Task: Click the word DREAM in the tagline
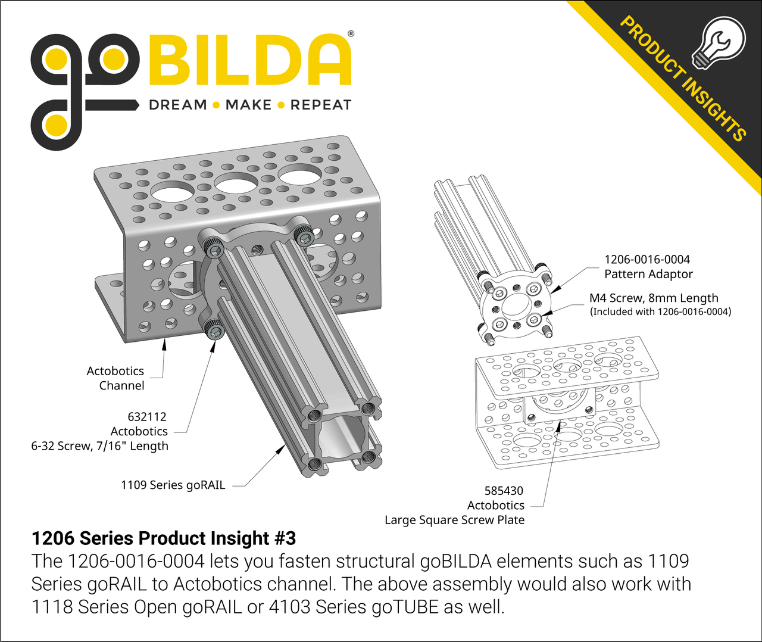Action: tap(177, 105)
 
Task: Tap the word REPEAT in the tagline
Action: tap(321, 105)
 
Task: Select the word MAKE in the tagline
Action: tap(248, 105)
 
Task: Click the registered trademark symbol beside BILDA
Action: tap(351, 34)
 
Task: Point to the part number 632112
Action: tap(147, 417)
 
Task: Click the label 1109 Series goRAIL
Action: tap(173, 485)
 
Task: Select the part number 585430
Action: tap(504, 491)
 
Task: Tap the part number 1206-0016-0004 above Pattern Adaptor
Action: tap(647, 260)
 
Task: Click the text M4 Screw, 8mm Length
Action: tap(654, 298)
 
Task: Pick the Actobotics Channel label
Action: tap(115, 378)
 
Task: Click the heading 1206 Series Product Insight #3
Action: tap(164, 538)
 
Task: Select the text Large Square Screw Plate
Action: tap(454, 520)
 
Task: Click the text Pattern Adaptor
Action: tap(648, 274)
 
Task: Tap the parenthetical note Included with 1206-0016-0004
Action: tap(660, 311)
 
